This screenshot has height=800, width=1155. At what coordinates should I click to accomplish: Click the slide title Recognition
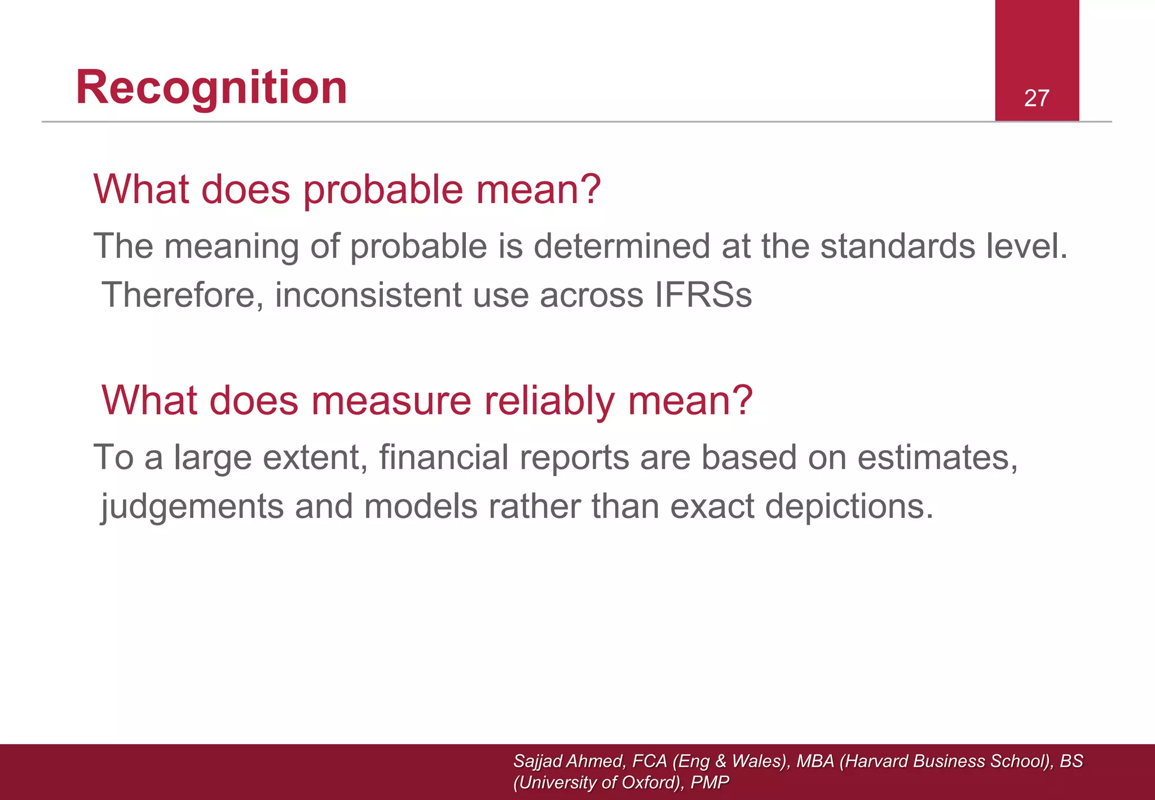click(211, 88)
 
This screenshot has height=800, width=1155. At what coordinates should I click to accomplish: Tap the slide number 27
click(1037, 98)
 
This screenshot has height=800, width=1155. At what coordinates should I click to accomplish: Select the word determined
click(621, 247)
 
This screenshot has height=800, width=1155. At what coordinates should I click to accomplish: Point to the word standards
click(897, 247)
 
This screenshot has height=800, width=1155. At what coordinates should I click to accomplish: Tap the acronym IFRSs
click(703, 295)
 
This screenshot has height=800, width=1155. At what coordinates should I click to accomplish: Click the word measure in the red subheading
click(390, 401)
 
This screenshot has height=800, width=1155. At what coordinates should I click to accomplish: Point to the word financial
click(443, 457)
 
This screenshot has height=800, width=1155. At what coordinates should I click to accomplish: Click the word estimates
click(937, 457)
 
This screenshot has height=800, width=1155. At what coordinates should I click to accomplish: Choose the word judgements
click(192, 506)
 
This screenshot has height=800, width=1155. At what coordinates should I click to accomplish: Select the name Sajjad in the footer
click(537, 761)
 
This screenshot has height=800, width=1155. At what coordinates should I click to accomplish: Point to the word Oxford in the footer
click(648, 783)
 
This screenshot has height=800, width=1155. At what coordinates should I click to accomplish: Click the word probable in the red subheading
click(383, 190)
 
